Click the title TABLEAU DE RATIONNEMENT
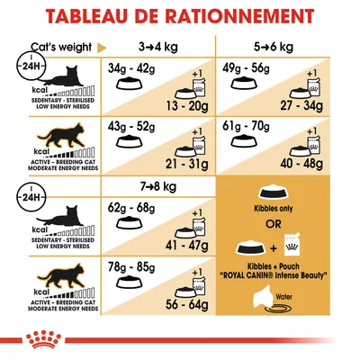(180, 19)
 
